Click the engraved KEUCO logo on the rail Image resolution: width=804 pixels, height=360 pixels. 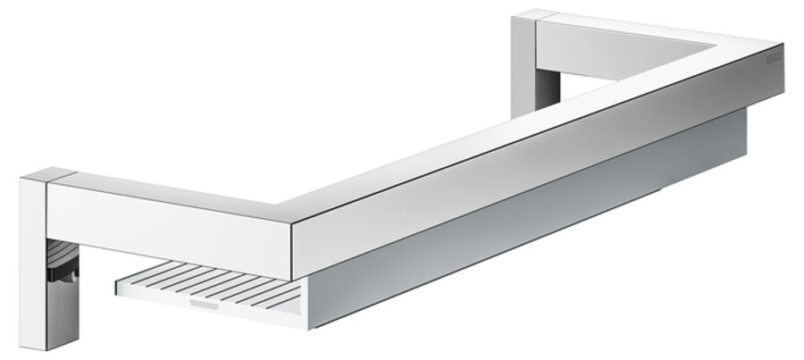(x=774, y=60)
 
